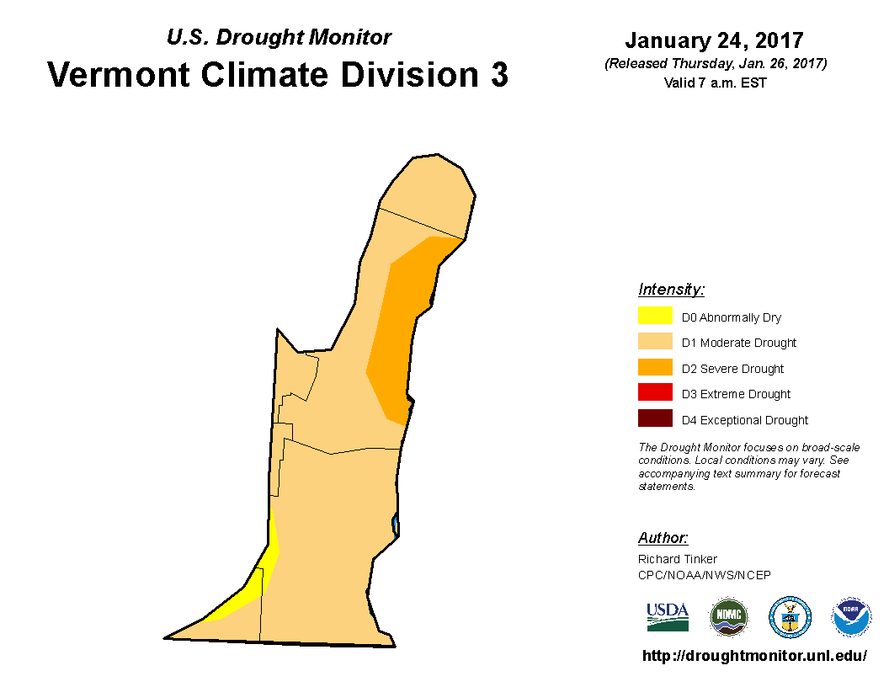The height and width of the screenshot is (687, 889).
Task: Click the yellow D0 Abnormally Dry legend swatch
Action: pyautogui.click(x=655, y=315)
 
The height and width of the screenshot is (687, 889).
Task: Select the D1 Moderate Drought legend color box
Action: pyautogui.click(x=655, y=341)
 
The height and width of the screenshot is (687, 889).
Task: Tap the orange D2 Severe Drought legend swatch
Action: pyautogui.click(x=655, y=367)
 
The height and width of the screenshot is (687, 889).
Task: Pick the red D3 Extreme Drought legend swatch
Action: pyautogui.click(x=655, y=392)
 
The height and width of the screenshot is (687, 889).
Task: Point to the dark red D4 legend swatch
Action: pyautogui.click(x=655, y=418)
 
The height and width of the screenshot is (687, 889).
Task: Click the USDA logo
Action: pyautogui.click(x=668, y=617)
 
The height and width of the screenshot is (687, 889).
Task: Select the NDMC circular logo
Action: pyautogui.click(x=729, y=617)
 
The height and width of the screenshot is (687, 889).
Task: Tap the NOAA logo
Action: pyautogui.click(x=851, y=617)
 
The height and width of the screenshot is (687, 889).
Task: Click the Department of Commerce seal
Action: pyautogui.click(x=790, y=617)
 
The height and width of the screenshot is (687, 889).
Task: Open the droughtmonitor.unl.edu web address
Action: pyautogui.click(x=754, y=656)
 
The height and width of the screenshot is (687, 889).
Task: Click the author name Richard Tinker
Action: pyautogui.click(x=678, y=559)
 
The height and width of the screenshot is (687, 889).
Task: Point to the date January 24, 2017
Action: pyautogui.click(x=715, y=40)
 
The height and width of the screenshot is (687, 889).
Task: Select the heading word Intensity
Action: pyautogui.click(x=671, y=289)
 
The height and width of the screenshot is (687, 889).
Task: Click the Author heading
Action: pyautogui.click(x=663, y=537)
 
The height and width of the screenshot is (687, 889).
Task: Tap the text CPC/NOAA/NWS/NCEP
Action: pyautogui.click(x=705, y=575)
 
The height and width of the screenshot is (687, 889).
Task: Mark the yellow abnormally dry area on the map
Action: pyautogui.click(x=255, y=583)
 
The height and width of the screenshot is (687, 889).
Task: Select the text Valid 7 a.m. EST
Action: pyautogui.click(x=716, y=83)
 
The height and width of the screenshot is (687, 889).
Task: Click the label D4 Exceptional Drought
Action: pyautogui.click(x=745, y=420)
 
